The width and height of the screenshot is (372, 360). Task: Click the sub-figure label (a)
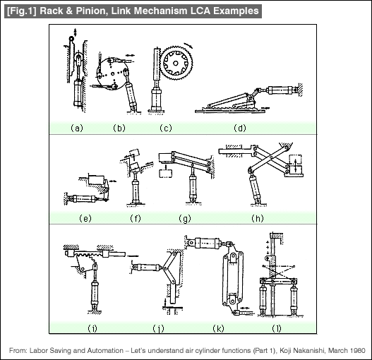click(x=77, y=128)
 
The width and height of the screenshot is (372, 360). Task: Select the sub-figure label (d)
click(x=240, y=128)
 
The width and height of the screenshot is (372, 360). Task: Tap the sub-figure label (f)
click(x=136, y=218)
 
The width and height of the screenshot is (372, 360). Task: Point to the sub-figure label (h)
click(x=258, y=218)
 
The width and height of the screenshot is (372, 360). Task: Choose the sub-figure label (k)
click(x=218, y=328)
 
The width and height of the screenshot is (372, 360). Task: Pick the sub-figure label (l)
click(x=277, y=328)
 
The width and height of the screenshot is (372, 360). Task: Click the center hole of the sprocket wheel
click(x=175, y=63)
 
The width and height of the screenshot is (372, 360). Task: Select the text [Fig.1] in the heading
click(x=22, y=11)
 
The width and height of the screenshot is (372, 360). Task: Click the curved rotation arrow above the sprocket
click(x=188, y=45)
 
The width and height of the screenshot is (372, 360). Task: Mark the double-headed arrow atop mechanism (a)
click(x=76, y=32)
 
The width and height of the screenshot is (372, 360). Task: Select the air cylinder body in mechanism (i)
click(x=95, y=293)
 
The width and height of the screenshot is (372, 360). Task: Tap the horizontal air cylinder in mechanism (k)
click(x=208, y=243)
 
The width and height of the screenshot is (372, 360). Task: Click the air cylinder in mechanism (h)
click(x=256, y=189)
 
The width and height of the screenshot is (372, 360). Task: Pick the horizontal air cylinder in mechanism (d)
click(x=280, y=90)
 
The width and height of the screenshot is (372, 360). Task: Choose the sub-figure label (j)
click(x=158, y=328)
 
